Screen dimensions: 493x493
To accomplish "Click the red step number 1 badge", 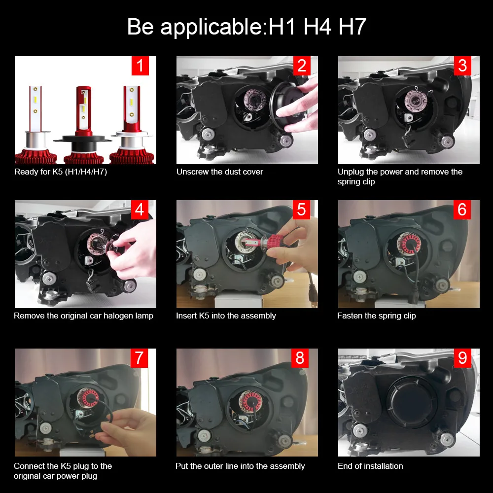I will click(140, 66).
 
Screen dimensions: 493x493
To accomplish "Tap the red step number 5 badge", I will click(301, 210).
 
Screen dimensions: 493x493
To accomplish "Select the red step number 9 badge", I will click(462, 358).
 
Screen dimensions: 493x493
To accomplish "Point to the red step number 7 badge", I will click(139, 358).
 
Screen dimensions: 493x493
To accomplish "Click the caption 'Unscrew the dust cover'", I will click(220, 172).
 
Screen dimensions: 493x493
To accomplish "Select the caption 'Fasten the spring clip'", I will click(376, 316).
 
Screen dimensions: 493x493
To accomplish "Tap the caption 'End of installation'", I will click(370, 466).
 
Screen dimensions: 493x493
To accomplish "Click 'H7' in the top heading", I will click(352, 27).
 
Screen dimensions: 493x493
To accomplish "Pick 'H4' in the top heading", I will click(317, 27).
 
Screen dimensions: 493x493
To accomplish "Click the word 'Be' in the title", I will click(141, 27).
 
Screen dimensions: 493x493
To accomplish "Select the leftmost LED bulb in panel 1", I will click(36, 123).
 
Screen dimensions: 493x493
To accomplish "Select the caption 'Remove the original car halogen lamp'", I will click(83, 316).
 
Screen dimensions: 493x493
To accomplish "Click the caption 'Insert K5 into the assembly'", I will click(226, 316).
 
